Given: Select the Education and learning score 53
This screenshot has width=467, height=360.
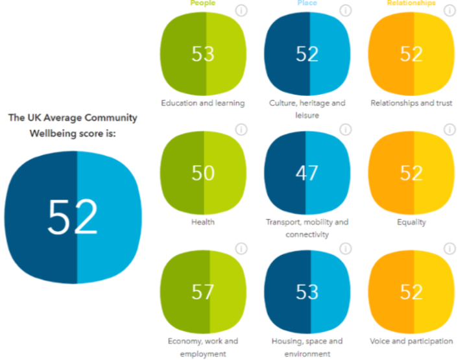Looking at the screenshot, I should (203, 54).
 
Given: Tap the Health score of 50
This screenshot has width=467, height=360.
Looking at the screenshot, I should (203, 173).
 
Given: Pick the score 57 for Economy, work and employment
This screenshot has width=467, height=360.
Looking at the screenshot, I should (203, 292).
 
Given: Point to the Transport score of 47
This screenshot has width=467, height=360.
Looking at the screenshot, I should (307, 173).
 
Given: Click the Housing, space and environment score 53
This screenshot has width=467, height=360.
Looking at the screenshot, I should (307, 292).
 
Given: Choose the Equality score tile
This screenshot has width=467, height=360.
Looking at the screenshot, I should (411, 173).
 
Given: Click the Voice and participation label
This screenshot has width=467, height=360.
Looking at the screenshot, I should (411, 341).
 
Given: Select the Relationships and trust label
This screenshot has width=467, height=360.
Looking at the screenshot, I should (411, 102).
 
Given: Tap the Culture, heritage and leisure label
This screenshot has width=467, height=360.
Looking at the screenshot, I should (307, 108).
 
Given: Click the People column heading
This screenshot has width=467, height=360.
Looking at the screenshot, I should (202, 3).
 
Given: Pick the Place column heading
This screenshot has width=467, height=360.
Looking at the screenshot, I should (307, 3).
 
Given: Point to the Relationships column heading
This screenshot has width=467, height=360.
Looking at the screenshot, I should (411, 3).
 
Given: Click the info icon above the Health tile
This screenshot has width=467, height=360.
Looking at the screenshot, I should (241, 130).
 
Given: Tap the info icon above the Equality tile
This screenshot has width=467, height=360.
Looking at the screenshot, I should (449, 130).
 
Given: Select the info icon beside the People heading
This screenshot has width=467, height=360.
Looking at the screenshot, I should (241, 10).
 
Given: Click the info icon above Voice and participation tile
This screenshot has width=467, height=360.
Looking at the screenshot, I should (449, 248).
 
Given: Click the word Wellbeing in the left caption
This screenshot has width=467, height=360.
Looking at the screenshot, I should (55, 134).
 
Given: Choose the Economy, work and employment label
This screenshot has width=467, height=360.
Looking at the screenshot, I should (203, 347).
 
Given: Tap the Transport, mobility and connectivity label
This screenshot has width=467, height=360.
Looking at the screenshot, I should (307, 228).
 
